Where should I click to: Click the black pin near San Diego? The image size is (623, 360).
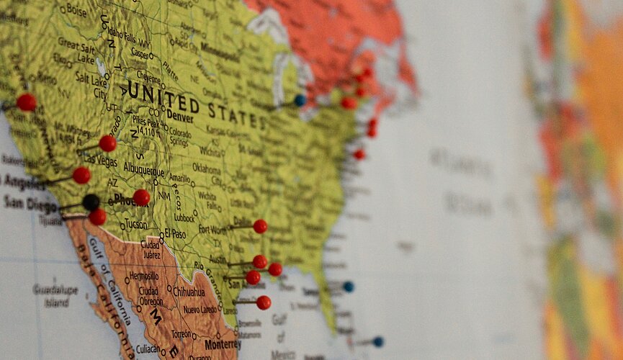91,202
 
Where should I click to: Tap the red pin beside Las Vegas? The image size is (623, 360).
107,143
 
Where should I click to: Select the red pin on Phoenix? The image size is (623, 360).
142,197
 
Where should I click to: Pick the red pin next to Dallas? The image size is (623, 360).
260,226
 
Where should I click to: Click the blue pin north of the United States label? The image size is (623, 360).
300,101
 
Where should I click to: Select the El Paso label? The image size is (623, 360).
175,233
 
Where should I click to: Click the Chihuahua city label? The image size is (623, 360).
189,292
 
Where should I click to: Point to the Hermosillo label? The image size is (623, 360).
144,276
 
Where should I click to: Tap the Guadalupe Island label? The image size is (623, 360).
55,294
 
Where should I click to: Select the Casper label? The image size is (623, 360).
140,53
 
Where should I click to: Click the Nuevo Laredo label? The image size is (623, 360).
201,310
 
